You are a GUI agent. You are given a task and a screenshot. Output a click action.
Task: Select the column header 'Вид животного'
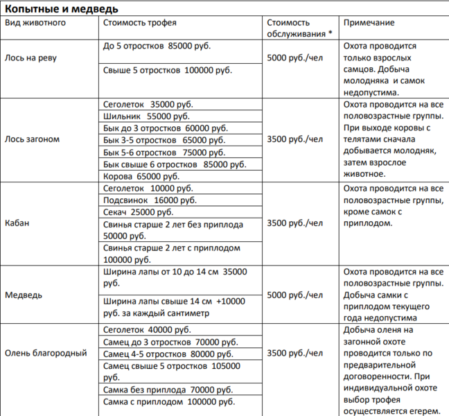tap(35, 23)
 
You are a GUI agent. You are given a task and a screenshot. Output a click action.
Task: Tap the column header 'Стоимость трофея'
tap(139, 23)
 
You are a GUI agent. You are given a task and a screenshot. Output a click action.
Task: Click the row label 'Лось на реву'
tap(30, 58)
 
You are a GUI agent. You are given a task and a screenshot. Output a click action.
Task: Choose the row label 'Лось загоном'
tap(33, 139)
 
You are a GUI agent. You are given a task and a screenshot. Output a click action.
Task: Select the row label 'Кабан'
tap(17, 223)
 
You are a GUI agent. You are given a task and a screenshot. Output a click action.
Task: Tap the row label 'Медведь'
tap(24, 295)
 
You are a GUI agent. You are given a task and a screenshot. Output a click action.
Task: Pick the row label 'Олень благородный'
tap(46, 353)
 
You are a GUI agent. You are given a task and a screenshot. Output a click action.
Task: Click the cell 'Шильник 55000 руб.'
tap(146, 116)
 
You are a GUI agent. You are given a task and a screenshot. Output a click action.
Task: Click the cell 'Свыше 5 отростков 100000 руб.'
tap(168, 70)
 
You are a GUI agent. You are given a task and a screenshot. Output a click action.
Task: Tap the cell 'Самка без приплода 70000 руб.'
tap(168, 390)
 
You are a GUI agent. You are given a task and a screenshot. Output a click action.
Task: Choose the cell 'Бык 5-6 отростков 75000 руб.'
tap(164, 152)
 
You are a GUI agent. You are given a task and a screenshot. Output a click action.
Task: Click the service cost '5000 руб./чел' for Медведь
tap(294, 295)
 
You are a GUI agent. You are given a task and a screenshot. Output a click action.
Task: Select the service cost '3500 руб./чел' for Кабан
tap(294, 223)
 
